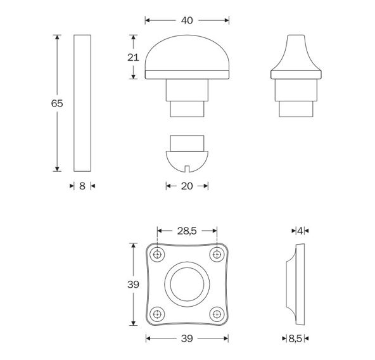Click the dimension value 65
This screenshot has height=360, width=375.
[x=57, y=103]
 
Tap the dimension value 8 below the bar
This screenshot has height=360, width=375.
[x=82, y=186]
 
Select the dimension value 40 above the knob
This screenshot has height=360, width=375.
[x=187, y=20]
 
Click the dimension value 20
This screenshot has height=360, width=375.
[x=187, y=186]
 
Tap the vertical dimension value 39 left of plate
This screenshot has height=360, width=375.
[x=133, y=285]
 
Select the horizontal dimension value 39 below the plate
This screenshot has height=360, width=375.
[x=187, y=339]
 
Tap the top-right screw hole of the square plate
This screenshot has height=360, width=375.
[x=217, y=255]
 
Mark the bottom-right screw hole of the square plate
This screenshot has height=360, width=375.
[x=217, y=314]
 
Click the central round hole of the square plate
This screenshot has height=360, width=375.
[x=187, y=285]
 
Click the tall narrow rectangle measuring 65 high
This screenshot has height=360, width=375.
[x=82, y=103]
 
